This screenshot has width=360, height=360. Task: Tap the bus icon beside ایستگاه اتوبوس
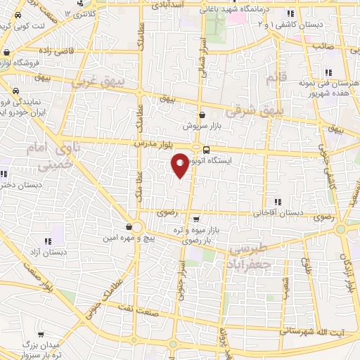206,149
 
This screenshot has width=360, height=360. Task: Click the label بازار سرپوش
202,127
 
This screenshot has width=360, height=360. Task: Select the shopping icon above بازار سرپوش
202,115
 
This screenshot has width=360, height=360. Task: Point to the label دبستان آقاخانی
279,211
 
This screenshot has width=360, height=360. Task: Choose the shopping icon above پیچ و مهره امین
129,227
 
